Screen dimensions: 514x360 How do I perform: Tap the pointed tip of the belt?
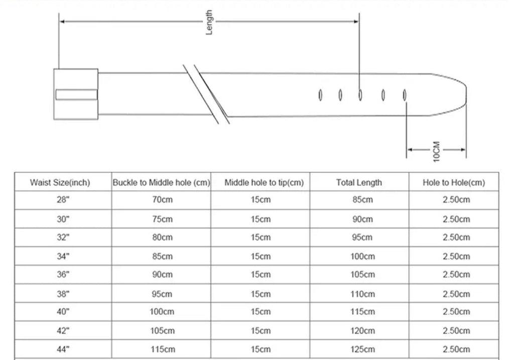tap(466, 94)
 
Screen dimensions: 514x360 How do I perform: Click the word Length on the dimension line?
tap(209, 22)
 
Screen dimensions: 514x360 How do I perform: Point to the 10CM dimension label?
tap(436, 151)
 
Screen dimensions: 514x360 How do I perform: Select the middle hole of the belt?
tap(360, 95)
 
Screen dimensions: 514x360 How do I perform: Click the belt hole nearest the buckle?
tap(320, 95)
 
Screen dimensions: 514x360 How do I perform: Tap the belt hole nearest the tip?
tap(405, 95)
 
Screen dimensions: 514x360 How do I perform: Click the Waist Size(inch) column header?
tap(60, 183)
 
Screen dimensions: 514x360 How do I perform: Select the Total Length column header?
tap(359, 183)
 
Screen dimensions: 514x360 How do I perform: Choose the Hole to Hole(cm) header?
tap(454, 183)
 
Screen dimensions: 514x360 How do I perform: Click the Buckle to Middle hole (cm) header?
tap(161, 183)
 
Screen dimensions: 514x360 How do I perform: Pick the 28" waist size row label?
tap(63, 200)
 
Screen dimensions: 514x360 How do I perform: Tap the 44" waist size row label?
tap(63, 349)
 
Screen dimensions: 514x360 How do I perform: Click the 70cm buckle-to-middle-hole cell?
tap(162, 200)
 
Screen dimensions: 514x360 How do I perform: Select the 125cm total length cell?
tap(362, 349)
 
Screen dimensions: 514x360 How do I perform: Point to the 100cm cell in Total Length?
tap(362, 256)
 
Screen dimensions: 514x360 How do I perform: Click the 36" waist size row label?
tap(63, 275)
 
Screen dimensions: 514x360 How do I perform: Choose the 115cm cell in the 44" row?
tap(163, 349)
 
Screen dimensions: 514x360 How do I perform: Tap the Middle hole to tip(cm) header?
tap(264, 183)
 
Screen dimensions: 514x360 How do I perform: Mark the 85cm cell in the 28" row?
tap(362, 200)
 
